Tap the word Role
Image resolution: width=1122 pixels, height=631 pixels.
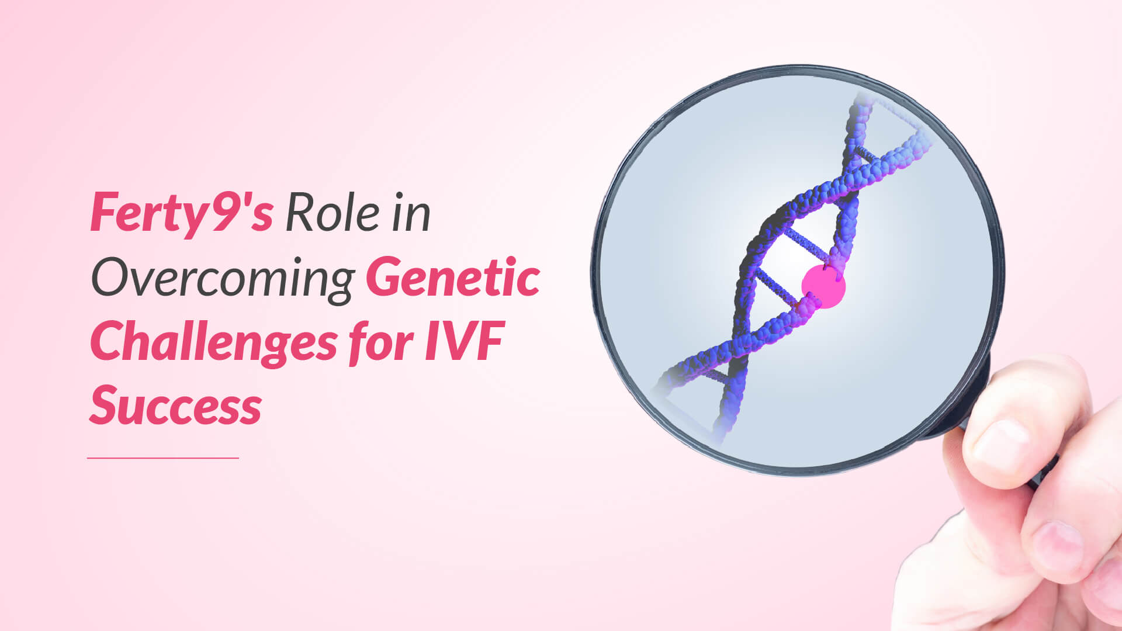[x=333, y=212]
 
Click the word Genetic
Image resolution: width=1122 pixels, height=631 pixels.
[x=453, y=277]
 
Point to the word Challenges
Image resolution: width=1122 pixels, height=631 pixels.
[x=214, y=343]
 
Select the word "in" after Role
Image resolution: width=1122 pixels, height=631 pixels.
[x=411, y=212]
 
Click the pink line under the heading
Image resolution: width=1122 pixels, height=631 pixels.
[x=163, y=458]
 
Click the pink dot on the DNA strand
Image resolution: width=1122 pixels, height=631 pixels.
[x=823, y=286]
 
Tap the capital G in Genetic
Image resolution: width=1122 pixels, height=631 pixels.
[x=386, y=277]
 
